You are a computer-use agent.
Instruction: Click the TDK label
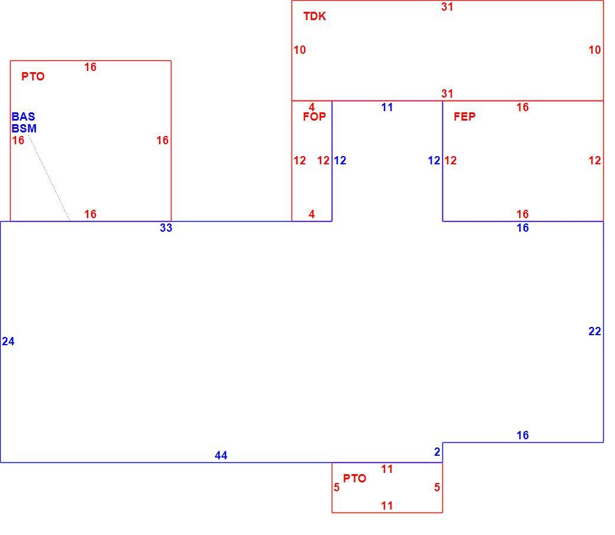coord(315,16)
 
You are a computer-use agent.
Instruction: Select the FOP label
coord(314,116)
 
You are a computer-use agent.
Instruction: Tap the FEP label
coord(464,116)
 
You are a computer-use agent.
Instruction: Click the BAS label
coord(23,116)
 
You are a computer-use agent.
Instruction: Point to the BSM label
coord(24,128)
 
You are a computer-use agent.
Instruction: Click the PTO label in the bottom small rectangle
coord(355,478)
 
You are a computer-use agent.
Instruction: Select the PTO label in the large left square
coord(33,76)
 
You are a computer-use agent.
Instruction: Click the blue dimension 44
coord(221,455)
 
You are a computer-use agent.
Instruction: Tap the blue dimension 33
coord(166,228)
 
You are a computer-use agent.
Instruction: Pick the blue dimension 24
coord(8,342)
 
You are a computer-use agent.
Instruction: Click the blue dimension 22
coord(595,332)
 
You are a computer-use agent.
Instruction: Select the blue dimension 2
coord(438,452)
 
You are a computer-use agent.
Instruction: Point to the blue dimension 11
coord(387,108)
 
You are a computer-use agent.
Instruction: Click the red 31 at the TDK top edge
coord(447,7)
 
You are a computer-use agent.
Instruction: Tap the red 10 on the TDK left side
coord(300,50)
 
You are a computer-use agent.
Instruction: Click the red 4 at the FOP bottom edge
coord(312,214)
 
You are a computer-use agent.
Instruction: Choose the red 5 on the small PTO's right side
coord(437,487)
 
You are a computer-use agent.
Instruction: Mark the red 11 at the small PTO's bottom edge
coord(387,505)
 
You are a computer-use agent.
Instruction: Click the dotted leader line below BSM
coord(49,178)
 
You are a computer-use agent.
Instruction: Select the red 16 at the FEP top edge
coord(522,107)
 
